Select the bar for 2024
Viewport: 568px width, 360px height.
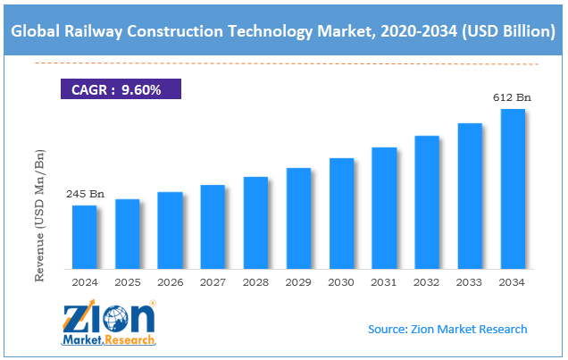point(84,237)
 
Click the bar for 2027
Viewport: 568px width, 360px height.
point(213,227)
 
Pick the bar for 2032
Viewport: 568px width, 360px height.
point(427,202)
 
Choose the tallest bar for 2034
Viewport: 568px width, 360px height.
point(513,188)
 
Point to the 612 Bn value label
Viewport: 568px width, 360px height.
point(512,97)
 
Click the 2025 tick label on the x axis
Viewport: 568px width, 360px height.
point(128,282)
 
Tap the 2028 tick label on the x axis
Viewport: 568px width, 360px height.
point(255,282)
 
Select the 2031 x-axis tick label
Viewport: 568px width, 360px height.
point(384,282)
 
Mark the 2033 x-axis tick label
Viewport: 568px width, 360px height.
point(470,282)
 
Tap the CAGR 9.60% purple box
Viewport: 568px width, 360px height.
point(120,89)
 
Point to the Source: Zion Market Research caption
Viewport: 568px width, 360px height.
point(447,329)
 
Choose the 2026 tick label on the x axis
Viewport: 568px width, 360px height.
point(170,282)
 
